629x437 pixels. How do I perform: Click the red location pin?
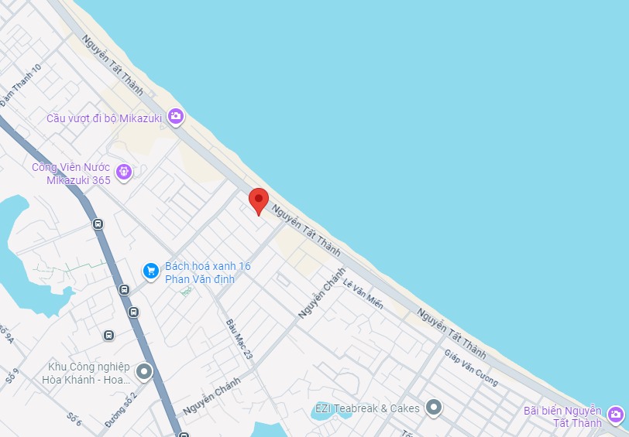coord(259,200)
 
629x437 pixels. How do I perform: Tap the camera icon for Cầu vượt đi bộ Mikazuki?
coord(176,116)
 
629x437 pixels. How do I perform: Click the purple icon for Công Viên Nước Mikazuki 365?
coord(123,172)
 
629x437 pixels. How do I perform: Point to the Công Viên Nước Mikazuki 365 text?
coord(70,173)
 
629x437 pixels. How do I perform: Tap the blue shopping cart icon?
coord(151,271)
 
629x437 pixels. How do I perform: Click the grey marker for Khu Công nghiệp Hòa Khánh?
coord(144,373)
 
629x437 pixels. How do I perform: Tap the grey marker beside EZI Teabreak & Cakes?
coord(434,407)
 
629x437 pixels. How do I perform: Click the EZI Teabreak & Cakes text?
coord(367,408)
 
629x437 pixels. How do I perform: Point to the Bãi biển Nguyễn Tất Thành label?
coord(562,416)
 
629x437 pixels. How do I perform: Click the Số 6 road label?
coord(74,418)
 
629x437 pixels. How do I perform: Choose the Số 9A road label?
coord(7,335)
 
